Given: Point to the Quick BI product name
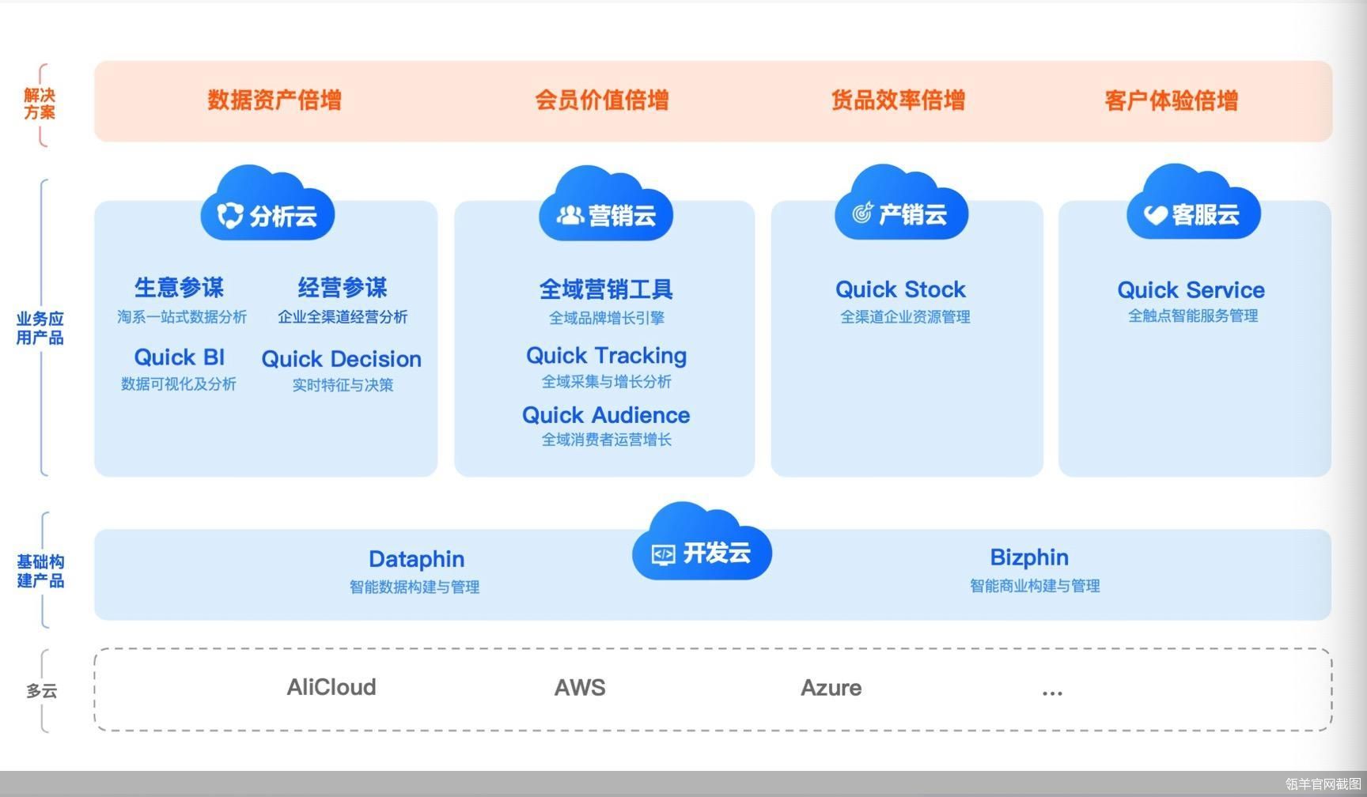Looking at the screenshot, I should (x=180, y=357).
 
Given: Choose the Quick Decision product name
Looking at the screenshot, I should (x=342, y=359).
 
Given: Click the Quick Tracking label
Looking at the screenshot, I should (x=607, y=356).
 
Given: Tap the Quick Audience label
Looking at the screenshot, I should (x=606, y=415).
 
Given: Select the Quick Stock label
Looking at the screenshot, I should (x=901, y=289).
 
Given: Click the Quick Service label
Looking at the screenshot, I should (x=1191, y=290).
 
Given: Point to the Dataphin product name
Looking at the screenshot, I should (x=417, y=559).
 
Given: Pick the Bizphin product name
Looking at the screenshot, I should (x=1029, y=557).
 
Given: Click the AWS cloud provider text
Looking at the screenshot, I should (x=580, y=687).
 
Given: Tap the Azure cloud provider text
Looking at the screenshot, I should (x=831, y=688).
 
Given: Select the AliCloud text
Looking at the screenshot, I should (x=331, y=687).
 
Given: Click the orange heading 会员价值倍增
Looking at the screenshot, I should (x=602, y=100).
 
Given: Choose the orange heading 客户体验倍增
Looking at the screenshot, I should (x=1172, y=100).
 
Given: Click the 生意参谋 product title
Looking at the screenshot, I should (x=180, y=287).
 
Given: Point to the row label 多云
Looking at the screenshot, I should (x=41, y=691).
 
